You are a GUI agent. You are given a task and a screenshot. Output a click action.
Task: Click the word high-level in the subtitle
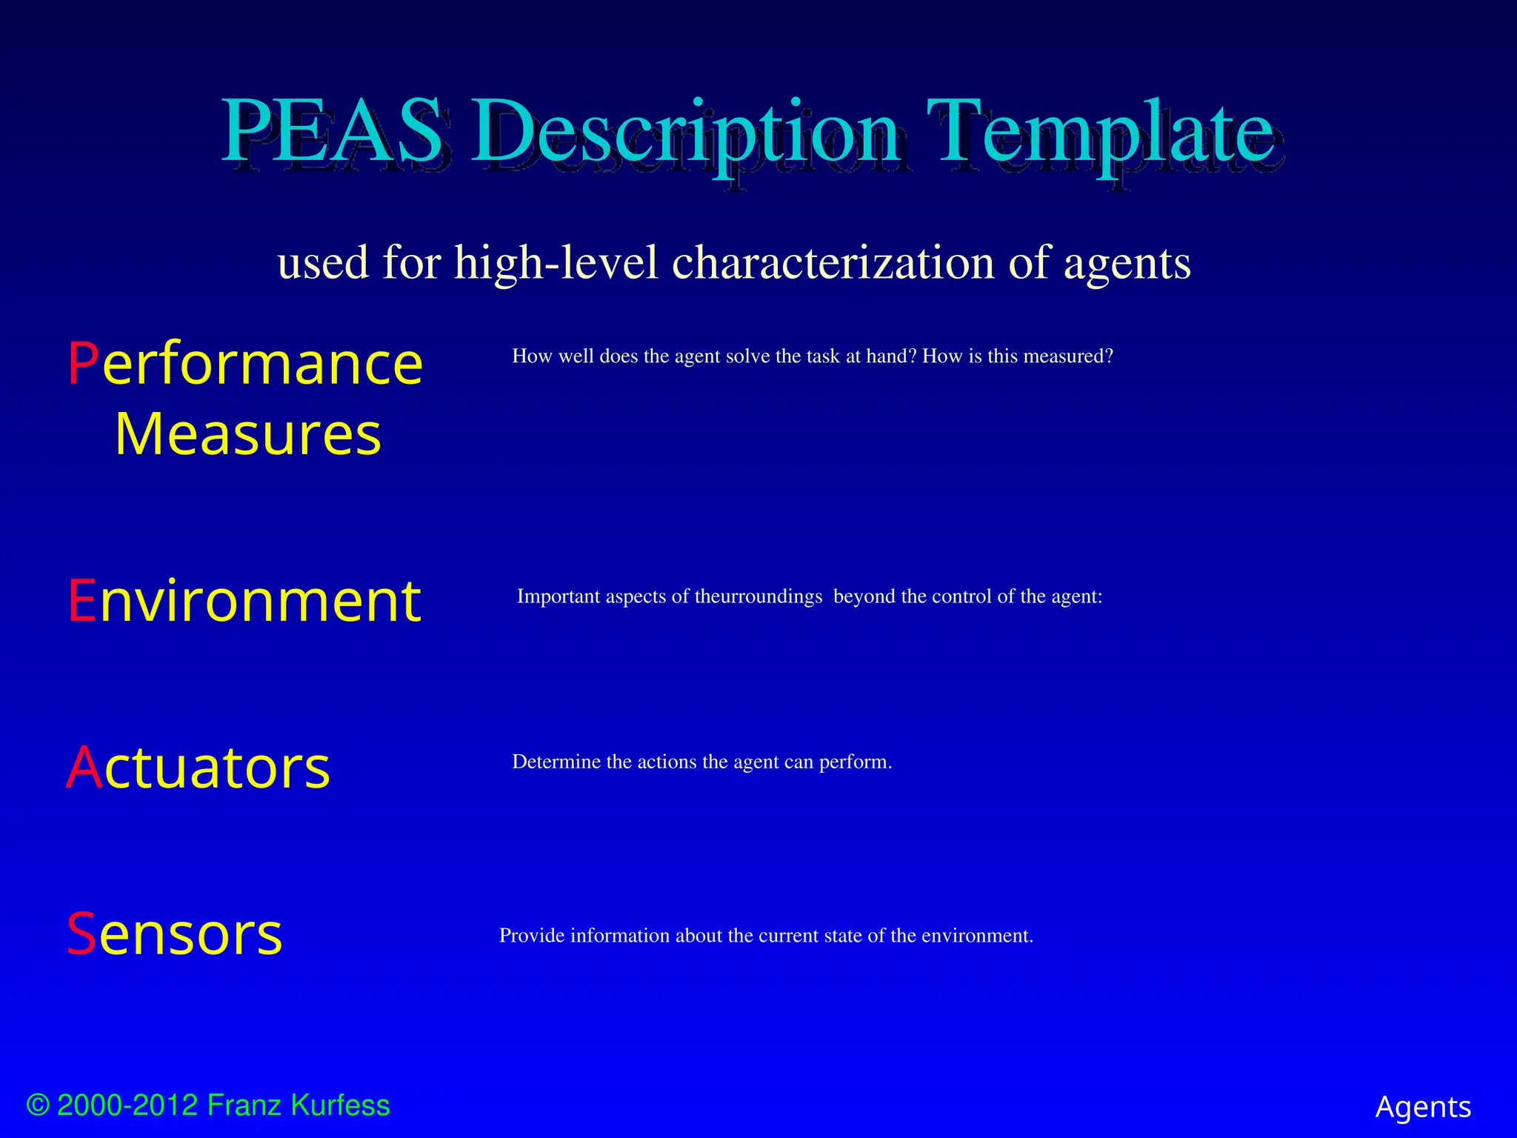(x=556, y=262)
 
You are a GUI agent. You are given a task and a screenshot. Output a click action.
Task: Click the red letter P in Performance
(x=83, y=364)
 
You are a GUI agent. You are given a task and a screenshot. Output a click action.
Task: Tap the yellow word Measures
(x=248, y=434)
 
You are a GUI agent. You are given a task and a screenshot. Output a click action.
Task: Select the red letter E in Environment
(x=81, y=601)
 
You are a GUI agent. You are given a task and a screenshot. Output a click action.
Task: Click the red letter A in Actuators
(x=84, y=768)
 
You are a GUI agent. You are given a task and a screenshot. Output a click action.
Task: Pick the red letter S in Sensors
(x=81, y=934)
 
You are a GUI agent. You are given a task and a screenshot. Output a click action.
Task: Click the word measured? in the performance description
(x=1068, y=356)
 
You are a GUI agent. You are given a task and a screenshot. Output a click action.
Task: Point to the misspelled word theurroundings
(x=758, y=596)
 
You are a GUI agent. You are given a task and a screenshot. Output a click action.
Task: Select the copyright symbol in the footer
(x=38, y=1105)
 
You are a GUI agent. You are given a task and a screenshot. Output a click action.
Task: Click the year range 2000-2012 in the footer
(x=127, y=1105)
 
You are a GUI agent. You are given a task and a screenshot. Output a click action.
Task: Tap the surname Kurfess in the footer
(x=340, y=1105)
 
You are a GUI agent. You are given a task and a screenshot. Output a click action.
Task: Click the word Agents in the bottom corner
(x=1423, y=1107)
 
